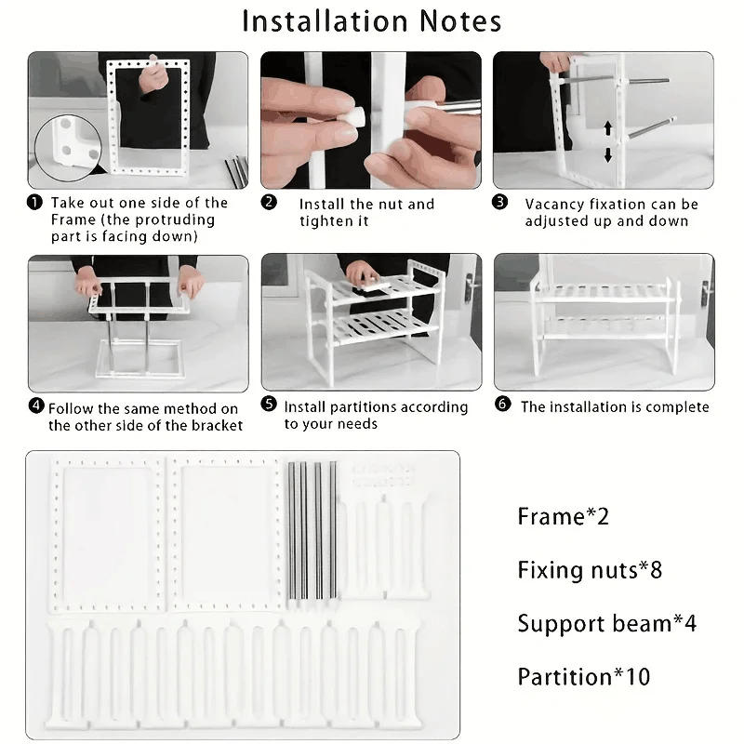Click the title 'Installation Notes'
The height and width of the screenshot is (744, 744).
pos(371,21)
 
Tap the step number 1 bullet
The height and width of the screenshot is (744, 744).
pos(34,203)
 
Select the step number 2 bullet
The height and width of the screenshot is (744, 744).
pos(269,203)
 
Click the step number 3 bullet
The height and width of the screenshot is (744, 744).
pos(500,203)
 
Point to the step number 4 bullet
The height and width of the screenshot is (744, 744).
pos(36,407)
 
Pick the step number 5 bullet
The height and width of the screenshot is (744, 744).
pos(269,405)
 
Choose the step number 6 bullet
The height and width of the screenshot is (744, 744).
pos(503,406)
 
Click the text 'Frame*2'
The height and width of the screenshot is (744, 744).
pos(563,516)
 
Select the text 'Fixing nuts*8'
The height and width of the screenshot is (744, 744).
pos(590,569)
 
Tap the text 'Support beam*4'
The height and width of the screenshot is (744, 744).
pos(606,623)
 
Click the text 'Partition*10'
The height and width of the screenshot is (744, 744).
pos(584,676)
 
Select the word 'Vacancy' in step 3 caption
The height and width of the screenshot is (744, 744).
pos(556,204)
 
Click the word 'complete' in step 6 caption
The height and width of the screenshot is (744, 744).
pos(675,406)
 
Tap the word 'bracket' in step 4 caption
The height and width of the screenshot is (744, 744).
pos(217,425)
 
